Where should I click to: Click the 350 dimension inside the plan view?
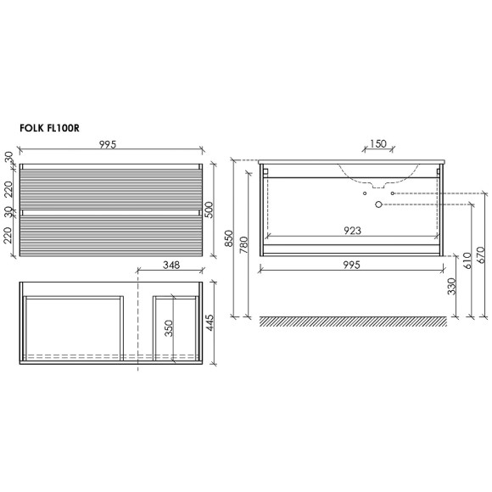(168, 328)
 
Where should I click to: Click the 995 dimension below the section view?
(351, 265)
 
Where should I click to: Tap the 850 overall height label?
(229, 239)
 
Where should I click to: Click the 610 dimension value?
(467, 260)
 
